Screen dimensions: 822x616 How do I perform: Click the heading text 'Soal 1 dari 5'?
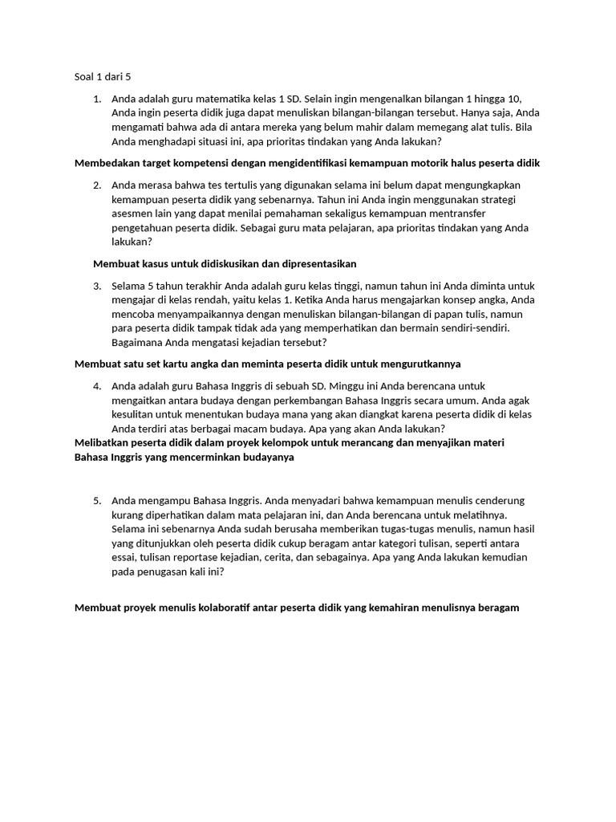(x=101, y=77)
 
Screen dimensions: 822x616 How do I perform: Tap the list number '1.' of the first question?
(x=97, y=99)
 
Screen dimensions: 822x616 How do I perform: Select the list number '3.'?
(x=97, y=286)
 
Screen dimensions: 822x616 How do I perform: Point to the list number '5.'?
(x=97, y=500)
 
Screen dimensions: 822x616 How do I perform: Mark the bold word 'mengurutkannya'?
(x=422, y=364)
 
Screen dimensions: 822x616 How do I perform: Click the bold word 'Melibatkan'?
(x=102, y=442)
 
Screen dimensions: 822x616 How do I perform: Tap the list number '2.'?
(x=97, y=185)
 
